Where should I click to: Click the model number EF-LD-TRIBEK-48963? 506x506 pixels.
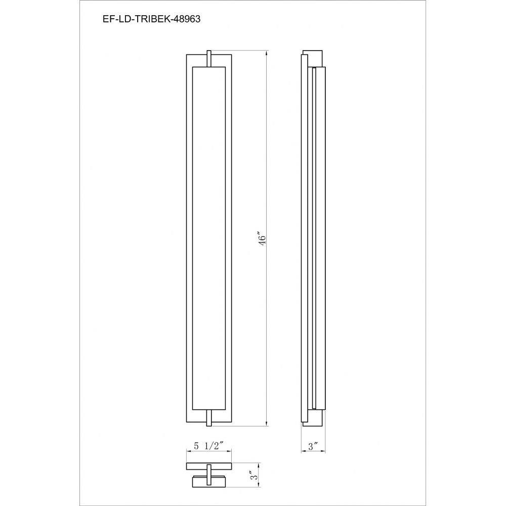pos(151,19)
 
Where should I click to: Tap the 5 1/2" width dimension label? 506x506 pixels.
pos(208,446)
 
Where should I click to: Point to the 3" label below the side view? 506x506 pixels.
pos(313,447)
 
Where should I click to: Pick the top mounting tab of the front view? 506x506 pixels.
pos(209,58)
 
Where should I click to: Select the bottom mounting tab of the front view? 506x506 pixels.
pos(209,418)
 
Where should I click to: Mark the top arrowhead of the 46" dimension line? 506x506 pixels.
pos(267,54)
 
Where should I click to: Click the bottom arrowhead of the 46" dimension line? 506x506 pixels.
pos(267,423)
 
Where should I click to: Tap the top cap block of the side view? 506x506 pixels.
pos(312,59)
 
